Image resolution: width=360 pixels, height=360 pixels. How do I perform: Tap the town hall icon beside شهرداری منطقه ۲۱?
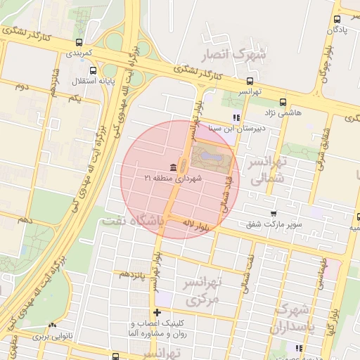173,167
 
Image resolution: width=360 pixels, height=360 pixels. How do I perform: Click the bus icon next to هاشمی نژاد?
283,102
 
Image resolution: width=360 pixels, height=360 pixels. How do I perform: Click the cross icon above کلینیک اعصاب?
157,312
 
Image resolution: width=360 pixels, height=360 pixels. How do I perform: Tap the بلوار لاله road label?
198,226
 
